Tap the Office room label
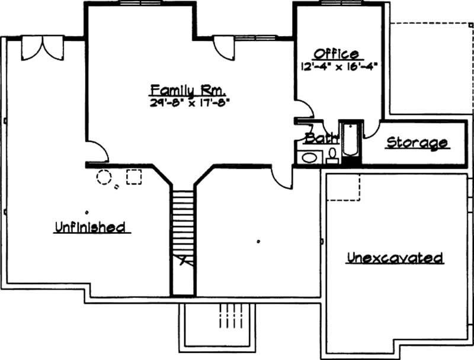coord(337,54)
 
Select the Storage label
coord(417,143)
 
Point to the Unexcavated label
coord(395,258)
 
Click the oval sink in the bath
coord(309,157)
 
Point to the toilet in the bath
coord(332,155)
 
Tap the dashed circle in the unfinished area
coord(104,177)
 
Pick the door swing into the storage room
coord(372,129)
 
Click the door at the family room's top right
coord(225,47)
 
